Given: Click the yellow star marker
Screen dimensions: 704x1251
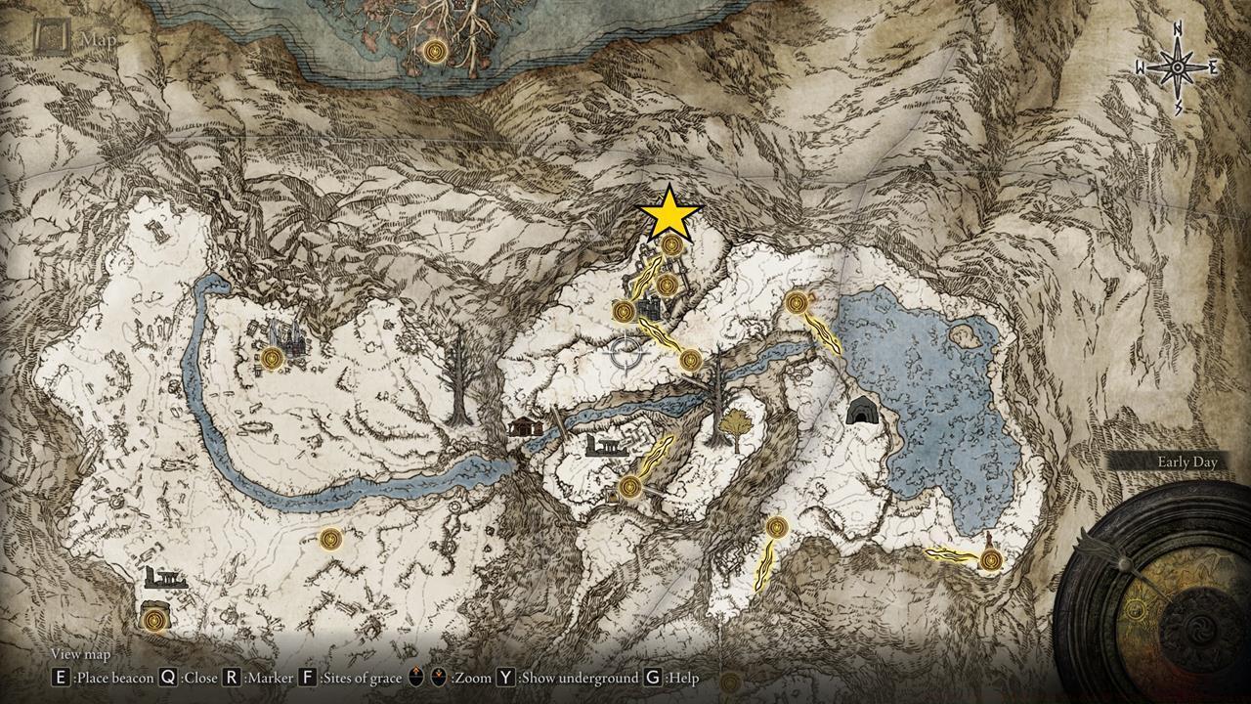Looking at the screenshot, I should pos(669,214).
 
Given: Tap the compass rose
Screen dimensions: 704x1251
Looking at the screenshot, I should pos(1177,67).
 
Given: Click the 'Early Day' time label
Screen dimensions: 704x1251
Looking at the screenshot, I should pos(1186,462).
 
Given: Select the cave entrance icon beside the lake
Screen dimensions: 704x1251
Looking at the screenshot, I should pos(862,412).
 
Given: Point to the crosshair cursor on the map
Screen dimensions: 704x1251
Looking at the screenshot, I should pos(625,352).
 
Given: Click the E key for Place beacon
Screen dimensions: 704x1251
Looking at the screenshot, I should pos(61,677).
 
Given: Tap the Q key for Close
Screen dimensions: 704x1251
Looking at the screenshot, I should pos(168,677).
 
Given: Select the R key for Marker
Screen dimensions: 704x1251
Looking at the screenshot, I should pos(232,677).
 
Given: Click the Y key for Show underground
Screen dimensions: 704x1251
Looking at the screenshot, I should pos(506,677).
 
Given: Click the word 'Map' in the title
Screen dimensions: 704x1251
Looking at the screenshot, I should pos(98,39).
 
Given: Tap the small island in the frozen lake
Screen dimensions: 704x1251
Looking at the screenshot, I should pos(967,336).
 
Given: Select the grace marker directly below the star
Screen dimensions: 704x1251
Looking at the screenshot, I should pos(671,245).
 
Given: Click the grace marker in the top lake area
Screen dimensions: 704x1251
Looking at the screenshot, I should pos(436,50).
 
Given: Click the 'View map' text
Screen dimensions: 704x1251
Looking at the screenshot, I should pos(80,654).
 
